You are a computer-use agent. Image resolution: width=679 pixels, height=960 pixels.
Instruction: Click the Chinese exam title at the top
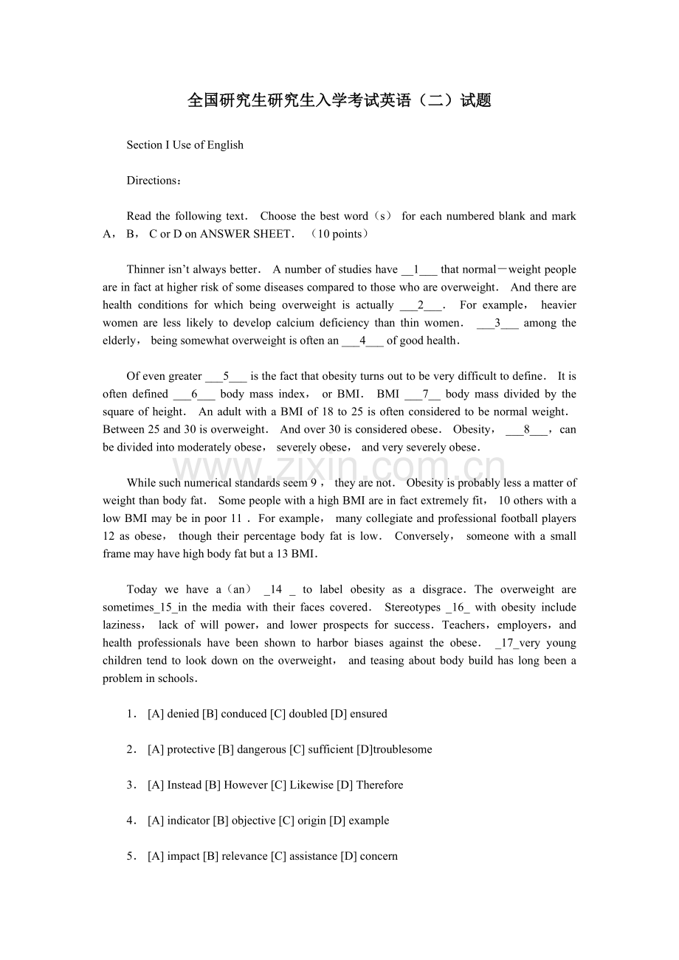pyautogui.click(x=339, y=101)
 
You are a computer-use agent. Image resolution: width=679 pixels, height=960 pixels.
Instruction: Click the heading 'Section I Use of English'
pyautogui.click(x=185, y=145)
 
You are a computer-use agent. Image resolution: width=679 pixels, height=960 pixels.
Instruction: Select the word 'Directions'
pyautogui.click(x=151, y=181)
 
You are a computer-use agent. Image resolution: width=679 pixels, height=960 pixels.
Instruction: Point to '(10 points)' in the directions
pyautogui.click(x=339, y=234)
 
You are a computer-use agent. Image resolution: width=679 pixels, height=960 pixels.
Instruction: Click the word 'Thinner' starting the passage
pyautogui.click(x=145, y=270)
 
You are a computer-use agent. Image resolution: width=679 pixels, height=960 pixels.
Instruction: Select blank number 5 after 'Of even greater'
pyautogui.click(x=226, y=376)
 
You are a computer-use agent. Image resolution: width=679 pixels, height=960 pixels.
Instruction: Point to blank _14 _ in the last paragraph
pyautogui.click(x=279, y=590)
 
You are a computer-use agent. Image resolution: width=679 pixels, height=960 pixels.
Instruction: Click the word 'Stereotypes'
pyautogui.click(x=413, y=608)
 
